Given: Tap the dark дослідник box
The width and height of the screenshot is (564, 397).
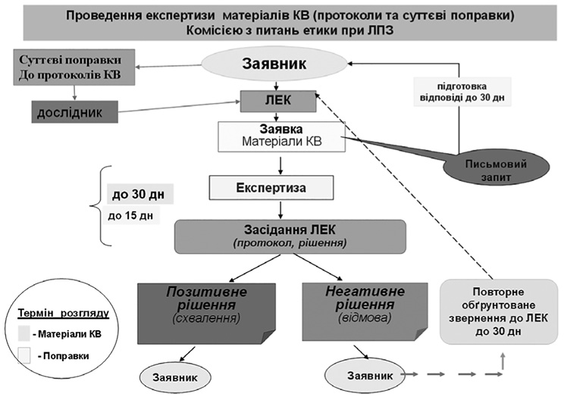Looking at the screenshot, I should pos(76,112).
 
